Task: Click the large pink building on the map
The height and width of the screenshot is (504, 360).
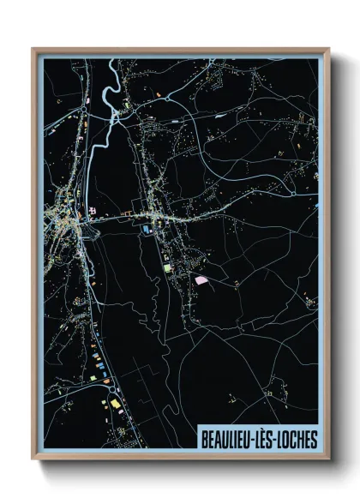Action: (x=201, y=279)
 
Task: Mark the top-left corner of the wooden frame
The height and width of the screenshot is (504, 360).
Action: (x=33, y=49)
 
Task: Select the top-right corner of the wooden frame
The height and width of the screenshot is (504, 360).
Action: (x=328, y=49)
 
